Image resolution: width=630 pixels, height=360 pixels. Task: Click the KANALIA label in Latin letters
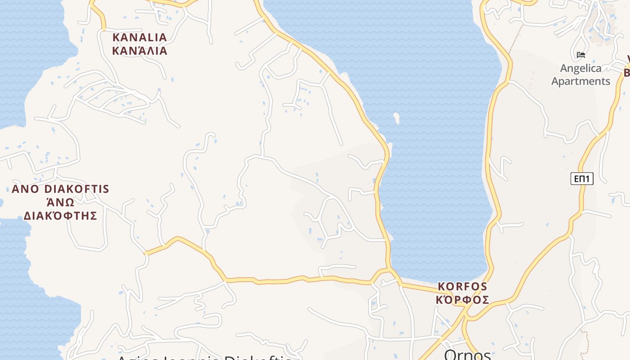point(139,37)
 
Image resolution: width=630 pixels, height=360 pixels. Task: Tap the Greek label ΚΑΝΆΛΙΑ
point(139,50)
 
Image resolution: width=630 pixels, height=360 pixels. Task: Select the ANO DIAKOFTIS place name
point(60,189)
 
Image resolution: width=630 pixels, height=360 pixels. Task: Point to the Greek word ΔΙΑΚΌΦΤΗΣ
point(60,216)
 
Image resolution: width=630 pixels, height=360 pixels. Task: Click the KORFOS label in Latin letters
point(463,286)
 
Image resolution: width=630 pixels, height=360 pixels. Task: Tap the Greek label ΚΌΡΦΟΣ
point(463,300)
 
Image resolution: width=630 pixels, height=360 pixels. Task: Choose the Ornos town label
point(467,355)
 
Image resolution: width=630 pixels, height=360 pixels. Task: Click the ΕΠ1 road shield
point(582,179)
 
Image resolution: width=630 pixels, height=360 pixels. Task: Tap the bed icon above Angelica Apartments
point(581,55)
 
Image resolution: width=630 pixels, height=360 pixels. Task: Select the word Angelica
point(580,68)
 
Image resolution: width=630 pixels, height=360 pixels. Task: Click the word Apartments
point(580,81)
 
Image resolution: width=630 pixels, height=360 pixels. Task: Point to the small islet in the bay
point(396,118)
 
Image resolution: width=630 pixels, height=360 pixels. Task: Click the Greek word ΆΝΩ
point(60,202)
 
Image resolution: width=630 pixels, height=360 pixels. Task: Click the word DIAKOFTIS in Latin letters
point(77,189)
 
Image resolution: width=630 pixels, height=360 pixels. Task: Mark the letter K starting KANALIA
point(116,37)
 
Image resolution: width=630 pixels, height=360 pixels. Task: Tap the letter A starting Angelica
point(564,68)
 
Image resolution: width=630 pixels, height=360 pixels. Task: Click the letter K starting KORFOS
point(441,286)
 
